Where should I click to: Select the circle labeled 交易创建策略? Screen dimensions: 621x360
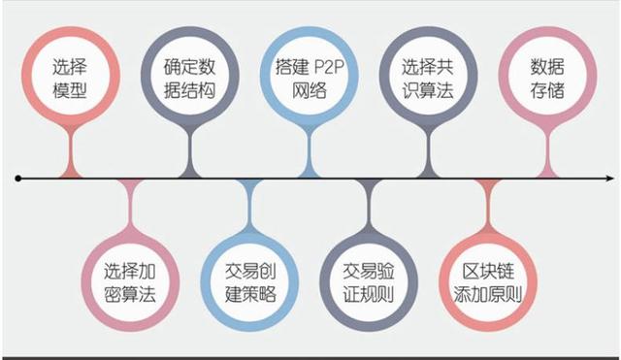click(250, 279)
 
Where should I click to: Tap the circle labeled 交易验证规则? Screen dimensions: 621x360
click(370, 279)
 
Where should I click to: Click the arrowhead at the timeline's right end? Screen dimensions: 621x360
click(608, 179)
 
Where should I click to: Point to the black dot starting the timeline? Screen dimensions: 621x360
click(17, 179)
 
